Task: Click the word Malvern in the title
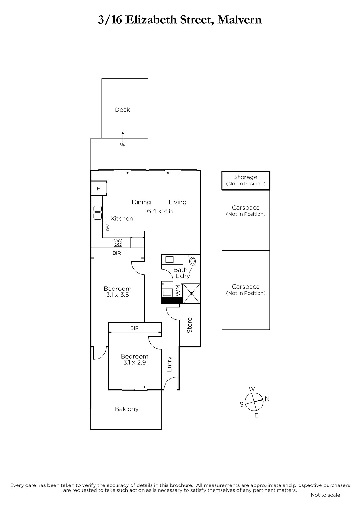coord(239,20)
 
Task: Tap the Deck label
coord(122,110)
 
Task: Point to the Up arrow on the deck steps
coord(123,137)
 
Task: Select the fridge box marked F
coord(99,188)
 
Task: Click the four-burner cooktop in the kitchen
coord(118,243)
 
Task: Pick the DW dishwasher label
coord(108,227)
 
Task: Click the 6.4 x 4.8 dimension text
coord(160,211)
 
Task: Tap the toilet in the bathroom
coord(192,261)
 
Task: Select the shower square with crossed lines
coord(192,294)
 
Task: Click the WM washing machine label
coord(178,291)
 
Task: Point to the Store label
coord(189,325)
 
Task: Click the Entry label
coord(169,364)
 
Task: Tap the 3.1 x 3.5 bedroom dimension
coord(117,295)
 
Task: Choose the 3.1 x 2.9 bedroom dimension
coord(135,362)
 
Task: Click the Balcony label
coord(127,409)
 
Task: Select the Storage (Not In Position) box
coord(246,180)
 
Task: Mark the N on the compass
coord(267,399)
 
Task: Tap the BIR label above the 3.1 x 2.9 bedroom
coord(134,328)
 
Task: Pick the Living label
coord(178,202)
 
